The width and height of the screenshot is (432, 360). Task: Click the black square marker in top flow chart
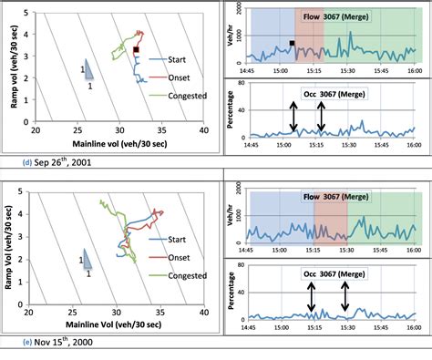click(x=292, y=43)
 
